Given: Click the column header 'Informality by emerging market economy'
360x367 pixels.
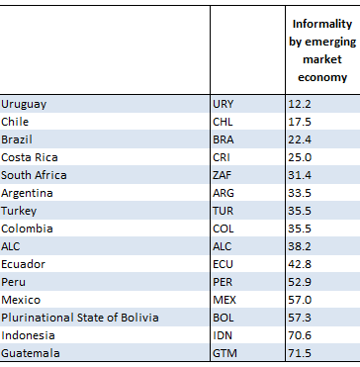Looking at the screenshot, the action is (322, 50).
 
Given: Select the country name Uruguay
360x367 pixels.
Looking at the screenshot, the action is (24, 105).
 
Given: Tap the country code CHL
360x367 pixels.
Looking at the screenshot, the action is (223, 122).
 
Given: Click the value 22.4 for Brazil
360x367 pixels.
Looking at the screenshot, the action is (300, 139).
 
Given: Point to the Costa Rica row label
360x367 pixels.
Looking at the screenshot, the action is (30, 157).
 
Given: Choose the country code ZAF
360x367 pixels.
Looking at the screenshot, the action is (222, 175).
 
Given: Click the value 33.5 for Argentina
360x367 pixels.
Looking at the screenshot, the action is (300, 193).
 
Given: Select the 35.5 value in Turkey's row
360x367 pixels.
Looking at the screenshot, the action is (300, 211).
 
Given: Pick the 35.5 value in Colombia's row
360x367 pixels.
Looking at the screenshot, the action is (300, 229).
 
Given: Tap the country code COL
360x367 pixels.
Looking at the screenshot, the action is (224, 229).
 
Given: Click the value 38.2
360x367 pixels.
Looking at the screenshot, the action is (300, 246).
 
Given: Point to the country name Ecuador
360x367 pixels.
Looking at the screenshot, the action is (23, 264).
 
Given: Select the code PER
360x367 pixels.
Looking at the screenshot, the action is (223, 282).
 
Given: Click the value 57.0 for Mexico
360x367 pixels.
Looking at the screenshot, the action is (300, 300).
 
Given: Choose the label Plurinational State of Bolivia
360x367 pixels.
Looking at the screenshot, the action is (80, 318).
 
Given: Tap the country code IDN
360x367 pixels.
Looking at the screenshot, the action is (223, 335).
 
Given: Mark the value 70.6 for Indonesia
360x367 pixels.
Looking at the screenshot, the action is (300, 335).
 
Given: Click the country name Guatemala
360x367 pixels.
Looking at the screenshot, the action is (31, 353).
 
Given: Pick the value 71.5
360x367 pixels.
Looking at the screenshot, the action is (300, 353).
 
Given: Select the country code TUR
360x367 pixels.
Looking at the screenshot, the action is (223, 211).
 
